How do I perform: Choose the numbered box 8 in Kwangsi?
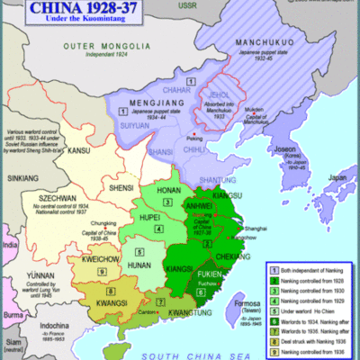pyautogui.click(x=111, y=292)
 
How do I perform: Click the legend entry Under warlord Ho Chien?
pyautogui.click(x=305, y=295)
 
